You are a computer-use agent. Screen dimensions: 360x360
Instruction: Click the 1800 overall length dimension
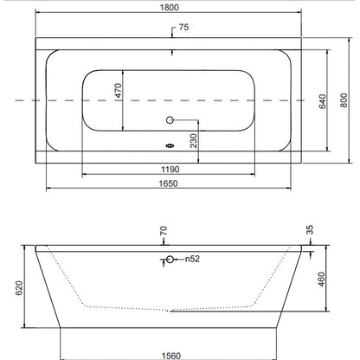pyautogui.click(x=170, y=7)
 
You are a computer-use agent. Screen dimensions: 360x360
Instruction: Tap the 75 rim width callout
pyautogui.click(x=183, y=27)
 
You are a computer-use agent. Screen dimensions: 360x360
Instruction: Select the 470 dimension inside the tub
pyautogui.click(x=119, y=90)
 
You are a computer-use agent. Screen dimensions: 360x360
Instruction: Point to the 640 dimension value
pyautogui.click(x=322, y=101)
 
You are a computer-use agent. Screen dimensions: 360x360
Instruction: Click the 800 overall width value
pyautogui.click(x=344, y=100)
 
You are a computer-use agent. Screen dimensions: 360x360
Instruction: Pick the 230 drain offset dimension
pyautogui.click(x=194, y=140)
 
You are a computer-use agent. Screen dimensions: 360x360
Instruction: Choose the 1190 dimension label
pyautogui.click(x=170, y=170)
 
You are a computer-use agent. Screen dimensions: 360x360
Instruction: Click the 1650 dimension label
pyautogui.click(x=169, y=183)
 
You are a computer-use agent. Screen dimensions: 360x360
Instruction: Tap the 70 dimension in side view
pyautogui.click(x=164, y=231)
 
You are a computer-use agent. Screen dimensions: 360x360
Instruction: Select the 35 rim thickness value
pyautogui.click(x=310, y=230)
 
